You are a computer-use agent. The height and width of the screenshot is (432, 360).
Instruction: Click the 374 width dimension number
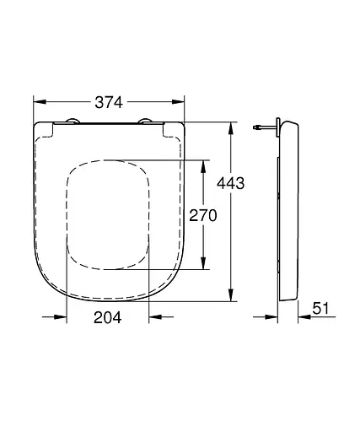(x=108, y=102)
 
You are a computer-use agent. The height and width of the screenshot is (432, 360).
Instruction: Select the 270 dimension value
(x=201, y=215)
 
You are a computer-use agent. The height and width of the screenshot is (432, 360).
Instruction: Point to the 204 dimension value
(x=106, y=317)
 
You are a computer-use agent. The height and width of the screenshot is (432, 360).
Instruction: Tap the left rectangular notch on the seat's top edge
(x=47, y=127)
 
